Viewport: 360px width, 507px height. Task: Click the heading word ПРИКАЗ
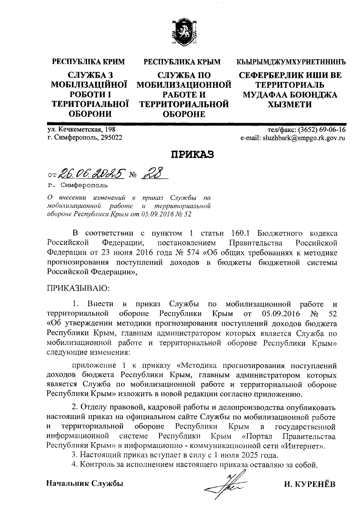(x=192, y=155)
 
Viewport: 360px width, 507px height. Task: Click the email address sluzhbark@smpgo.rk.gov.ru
(x=304, y=138)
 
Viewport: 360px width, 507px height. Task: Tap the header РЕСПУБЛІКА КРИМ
(x=88, y=62)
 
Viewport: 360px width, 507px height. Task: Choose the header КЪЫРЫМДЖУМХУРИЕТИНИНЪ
(x=291, y=62)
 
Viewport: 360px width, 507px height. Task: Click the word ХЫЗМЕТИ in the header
(x=290, y=104)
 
